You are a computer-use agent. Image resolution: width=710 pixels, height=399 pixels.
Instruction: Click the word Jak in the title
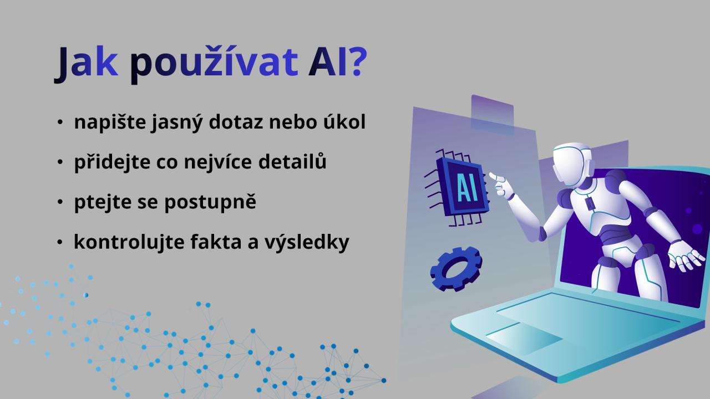click(x=86, y=63)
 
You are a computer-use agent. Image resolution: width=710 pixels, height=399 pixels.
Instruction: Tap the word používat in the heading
click(x=214, y=63)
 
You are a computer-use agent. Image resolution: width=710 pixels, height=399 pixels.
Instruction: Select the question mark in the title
click(x=358, y=62)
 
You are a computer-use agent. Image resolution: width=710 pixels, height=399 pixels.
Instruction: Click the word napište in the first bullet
click(x=110, y=122)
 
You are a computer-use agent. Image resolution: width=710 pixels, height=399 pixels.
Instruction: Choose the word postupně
click(x=210, y=202)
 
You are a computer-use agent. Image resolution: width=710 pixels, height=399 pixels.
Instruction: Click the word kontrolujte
click(x=129, y=242)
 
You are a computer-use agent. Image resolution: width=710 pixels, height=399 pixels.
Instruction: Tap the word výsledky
click(x=307, y=242)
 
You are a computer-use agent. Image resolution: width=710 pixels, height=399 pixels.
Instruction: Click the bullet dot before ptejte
click(x=60, y=202)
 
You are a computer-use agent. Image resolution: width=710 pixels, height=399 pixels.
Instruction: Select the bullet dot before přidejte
click(x=60, y=162)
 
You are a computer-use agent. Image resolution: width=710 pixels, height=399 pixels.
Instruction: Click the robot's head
click(x=572, y=163)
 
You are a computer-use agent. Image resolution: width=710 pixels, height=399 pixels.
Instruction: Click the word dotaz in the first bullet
click(x=236, y=121)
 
